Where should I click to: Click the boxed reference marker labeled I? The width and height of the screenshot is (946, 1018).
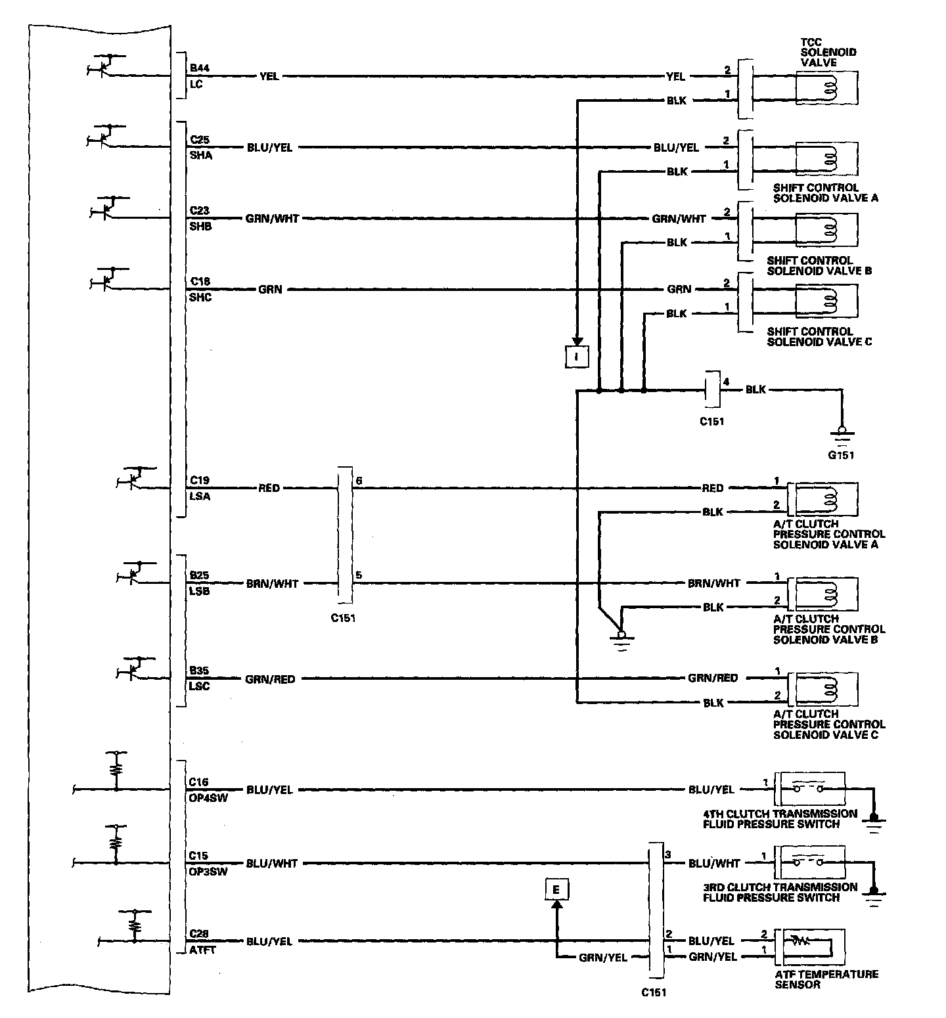[577, 356]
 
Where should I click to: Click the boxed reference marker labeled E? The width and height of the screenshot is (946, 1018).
[556, 890]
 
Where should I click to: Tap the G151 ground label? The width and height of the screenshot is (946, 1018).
[841, 455]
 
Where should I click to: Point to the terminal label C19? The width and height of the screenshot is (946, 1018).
[200, 480]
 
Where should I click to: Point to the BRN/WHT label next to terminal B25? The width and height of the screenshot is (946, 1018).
[272, 583]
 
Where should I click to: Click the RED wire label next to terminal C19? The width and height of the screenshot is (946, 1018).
[269, 488]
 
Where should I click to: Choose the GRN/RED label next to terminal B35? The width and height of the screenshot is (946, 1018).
[270, 678]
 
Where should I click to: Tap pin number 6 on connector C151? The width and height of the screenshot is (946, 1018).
[359, 480]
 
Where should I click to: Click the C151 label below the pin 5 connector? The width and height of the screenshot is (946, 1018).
[344, 617]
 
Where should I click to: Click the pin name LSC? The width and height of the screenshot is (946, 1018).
[200, 686]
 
